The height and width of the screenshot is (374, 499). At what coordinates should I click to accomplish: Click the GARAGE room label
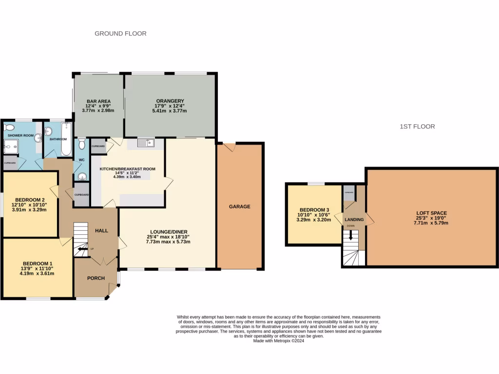(240, 206)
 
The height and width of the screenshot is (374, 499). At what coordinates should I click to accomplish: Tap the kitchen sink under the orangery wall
(146, 143)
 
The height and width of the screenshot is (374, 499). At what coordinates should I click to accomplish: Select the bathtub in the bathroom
(66, 140)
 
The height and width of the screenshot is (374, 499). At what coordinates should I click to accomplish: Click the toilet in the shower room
(8, 128)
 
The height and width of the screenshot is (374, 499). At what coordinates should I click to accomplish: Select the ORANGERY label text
(170, 101)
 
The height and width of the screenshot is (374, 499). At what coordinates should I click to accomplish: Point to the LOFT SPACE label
(431, 213)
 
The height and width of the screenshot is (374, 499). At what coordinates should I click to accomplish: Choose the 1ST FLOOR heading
(417, 127)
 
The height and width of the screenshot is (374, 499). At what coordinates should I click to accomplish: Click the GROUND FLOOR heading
(120, 34)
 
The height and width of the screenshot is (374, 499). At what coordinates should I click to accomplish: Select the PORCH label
(96, 279)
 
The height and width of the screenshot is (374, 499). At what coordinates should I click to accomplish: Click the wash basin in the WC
(82, 176)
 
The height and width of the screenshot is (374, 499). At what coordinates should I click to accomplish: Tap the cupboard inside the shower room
(10, 163)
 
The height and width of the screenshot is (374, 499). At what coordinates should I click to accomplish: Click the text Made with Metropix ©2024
(278, 341)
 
